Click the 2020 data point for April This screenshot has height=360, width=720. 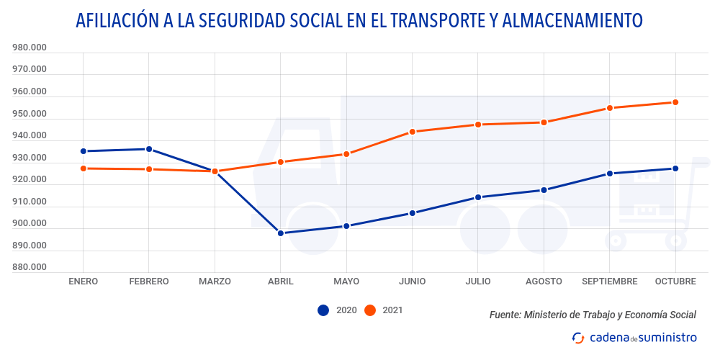[x=281, y=233]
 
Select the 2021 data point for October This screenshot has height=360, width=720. [x=675, y=102]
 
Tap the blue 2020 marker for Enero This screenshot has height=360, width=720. [x=84, y=151]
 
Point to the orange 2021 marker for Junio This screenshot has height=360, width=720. [x=413, y=132]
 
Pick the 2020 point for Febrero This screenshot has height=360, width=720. [x=149, y=149]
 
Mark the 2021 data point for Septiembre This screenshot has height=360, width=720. [x=610, y=108]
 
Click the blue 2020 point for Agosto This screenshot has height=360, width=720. [x=544, y=190]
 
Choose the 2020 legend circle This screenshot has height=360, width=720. [x=323, y=310]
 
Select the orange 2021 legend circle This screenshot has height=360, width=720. [x=370, y=310]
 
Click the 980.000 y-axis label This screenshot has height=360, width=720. [x=30, y=48]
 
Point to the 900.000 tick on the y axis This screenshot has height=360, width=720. [x=30, y=223]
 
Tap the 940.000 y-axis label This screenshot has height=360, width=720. [x=30, y=136]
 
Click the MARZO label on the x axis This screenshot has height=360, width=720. [x=215, y=282]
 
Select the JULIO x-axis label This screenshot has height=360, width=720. [x=478, y=282]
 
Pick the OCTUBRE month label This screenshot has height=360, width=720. [x=675, y=282]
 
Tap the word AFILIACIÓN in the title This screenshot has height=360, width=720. [x=115, y=21]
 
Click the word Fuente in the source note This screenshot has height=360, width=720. [x=504, y=315]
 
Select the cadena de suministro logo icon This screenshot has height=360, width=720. [x=577, y=338]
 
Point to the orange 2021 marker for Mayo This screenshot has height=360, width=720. [x=346, y=154]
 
